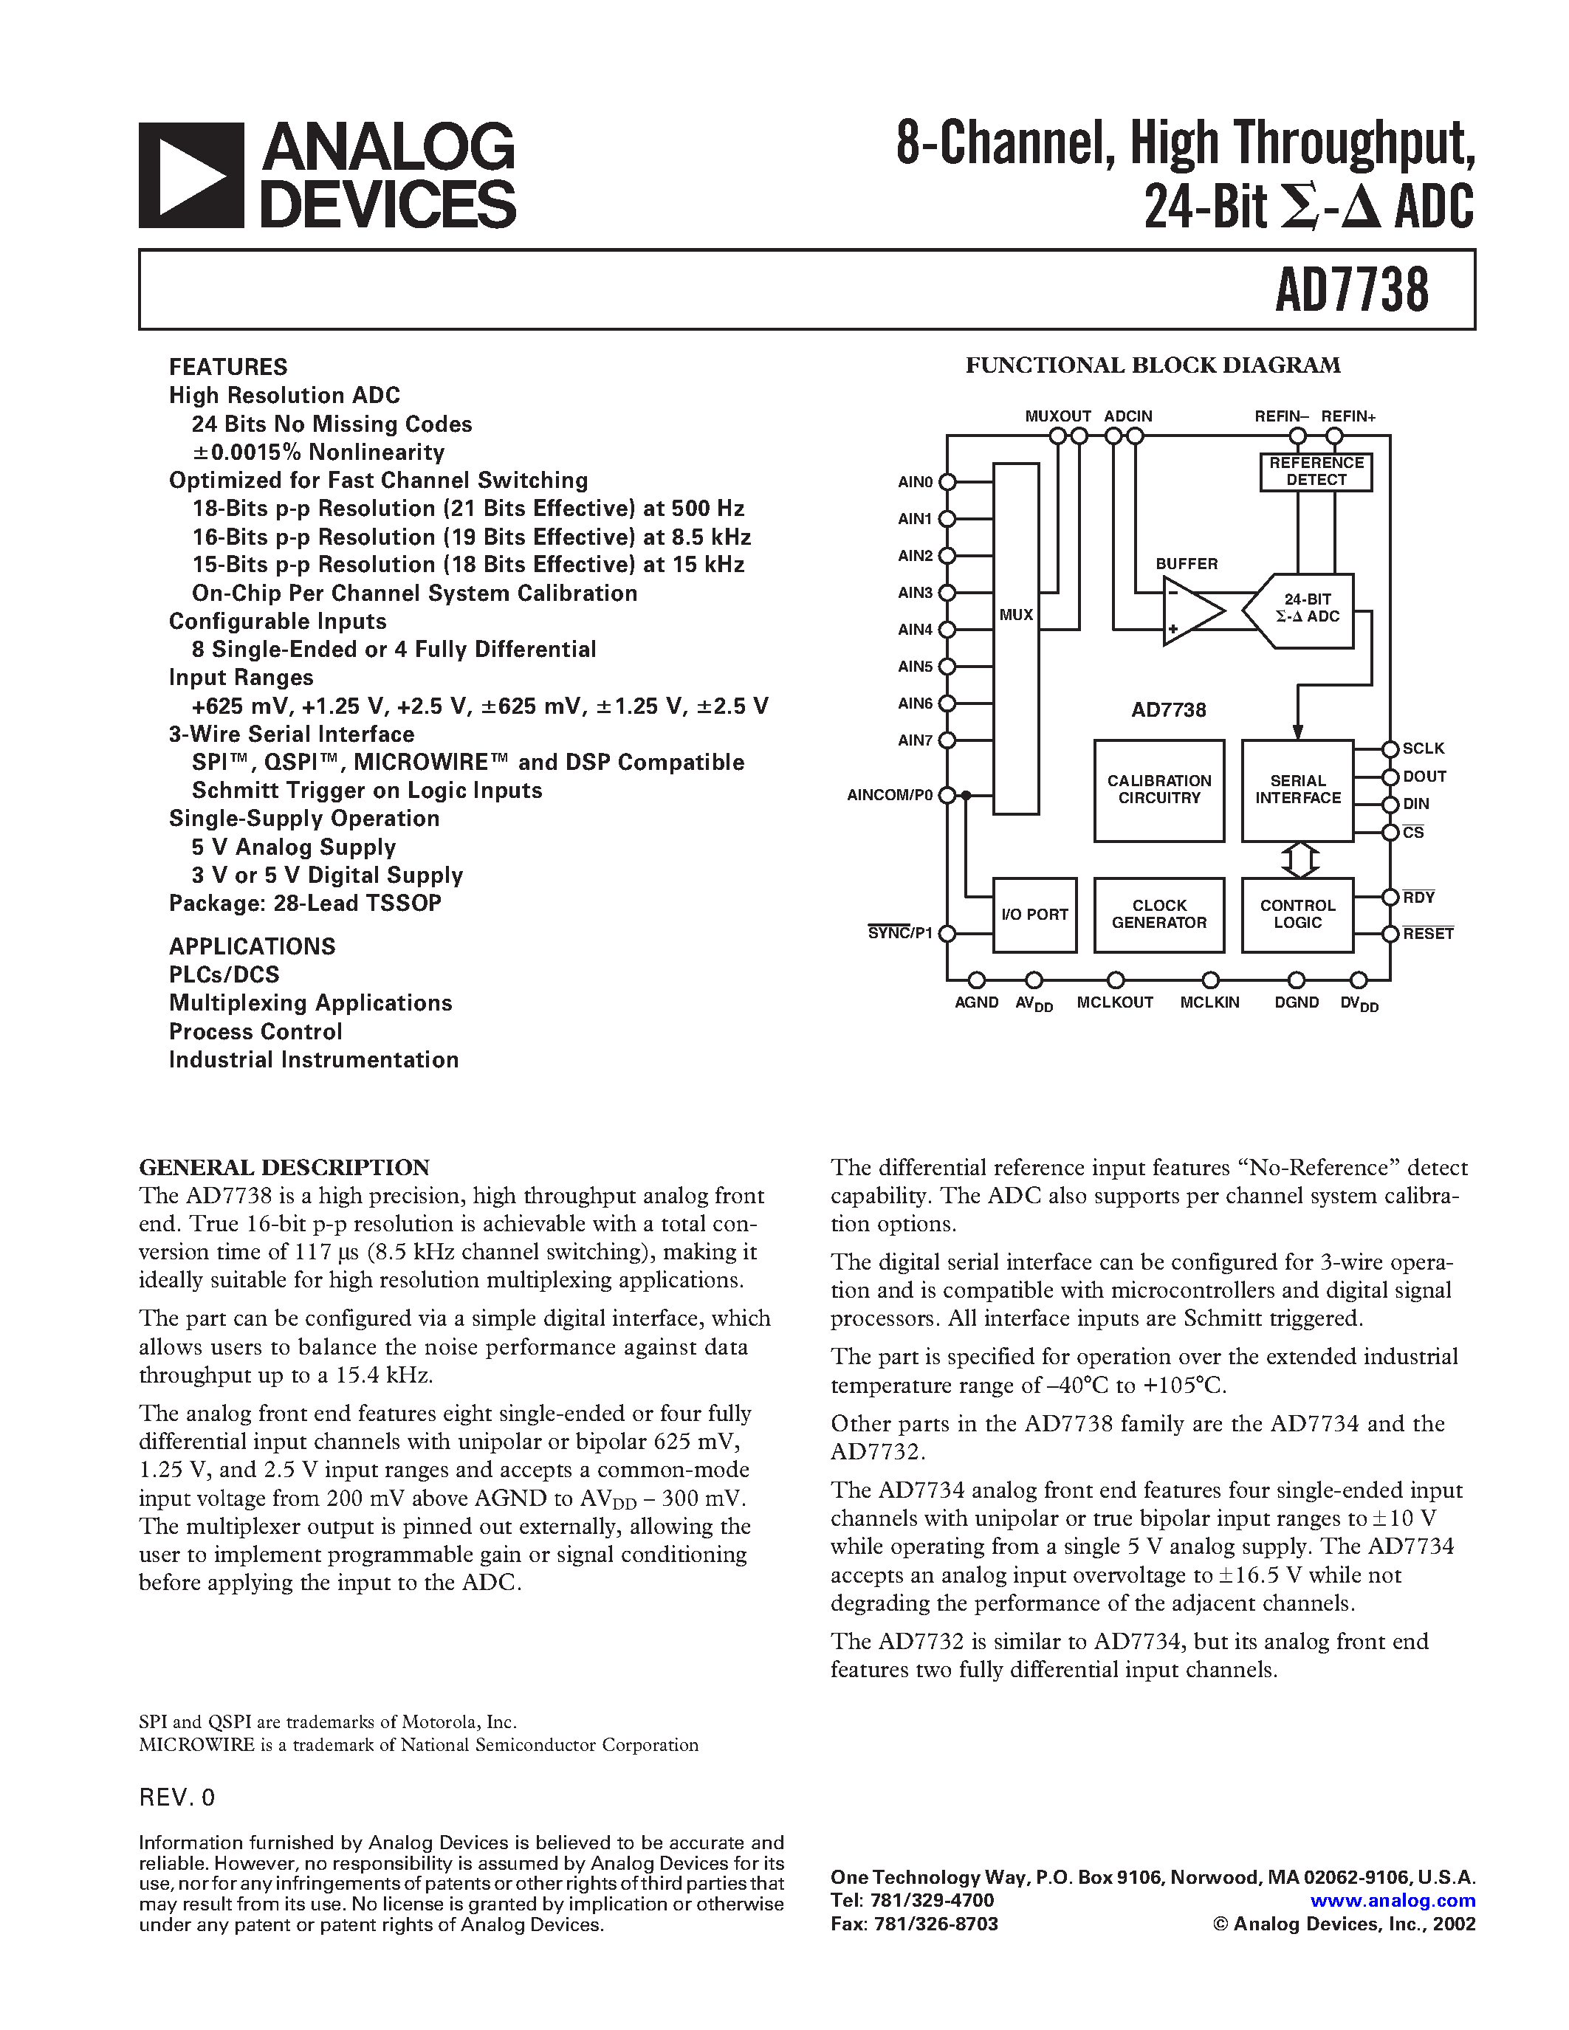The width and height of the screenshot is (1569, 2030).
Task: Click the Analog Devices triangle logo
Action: (x=191, y=176)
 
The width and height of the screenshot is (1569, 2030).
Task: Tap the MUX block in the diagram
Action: (x=1016, y=639)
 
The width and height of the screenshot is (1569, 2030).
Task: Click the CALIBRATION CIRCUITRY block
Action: (x=1159, y=790)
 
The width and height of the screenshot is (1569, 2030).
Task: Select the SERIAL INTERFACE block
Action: (x=1297, y=790)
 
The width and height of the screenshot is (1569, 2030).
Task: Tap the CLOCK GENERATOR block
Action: (x=1159, y=915)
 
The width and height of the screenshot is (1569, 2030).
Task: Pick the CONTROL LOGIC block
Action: (x=1297, y=915)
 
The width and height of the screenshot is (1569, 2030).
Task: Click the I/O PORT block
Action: (x=1034, y=915)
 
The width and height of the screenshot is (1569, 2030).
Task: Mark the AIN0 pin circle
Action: (x=947, y=481)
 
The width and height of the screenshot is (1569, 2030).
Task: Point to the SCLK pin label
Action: (x=1423, y=749)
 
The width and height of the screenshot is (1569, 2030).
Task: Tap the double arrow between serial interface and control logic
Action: (x=1300, y=860)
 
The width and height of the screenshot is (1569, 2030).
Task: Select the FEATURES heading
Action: (x=227, y=367)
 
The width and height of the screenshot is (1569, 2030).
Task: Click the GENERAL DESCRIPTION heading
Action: (x=284, y=1168)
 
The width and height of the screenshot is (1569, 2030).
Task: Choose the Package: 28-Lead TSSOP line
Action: (x=305, y=904)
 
